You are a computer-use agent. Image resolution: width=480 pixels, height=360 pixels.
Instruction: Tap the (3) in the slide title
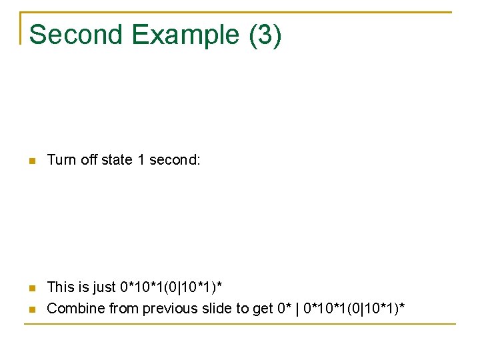(265, 35)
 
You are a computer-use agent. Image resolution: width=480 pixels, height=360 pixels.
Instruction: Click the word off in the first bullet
(89, 160)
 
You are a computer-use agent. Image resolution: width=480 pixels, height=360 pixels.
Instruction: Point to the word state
(117, 160)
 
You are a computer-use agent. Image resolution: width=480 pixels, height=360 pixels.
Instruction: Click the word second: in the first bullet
(175, 160)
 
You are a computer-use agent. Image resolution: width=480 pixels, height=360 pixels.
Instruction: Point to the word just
(104, 287)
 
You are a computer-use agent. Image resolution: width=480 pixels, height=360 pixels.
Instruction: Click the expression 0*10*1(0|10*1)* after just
(171, 287)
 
